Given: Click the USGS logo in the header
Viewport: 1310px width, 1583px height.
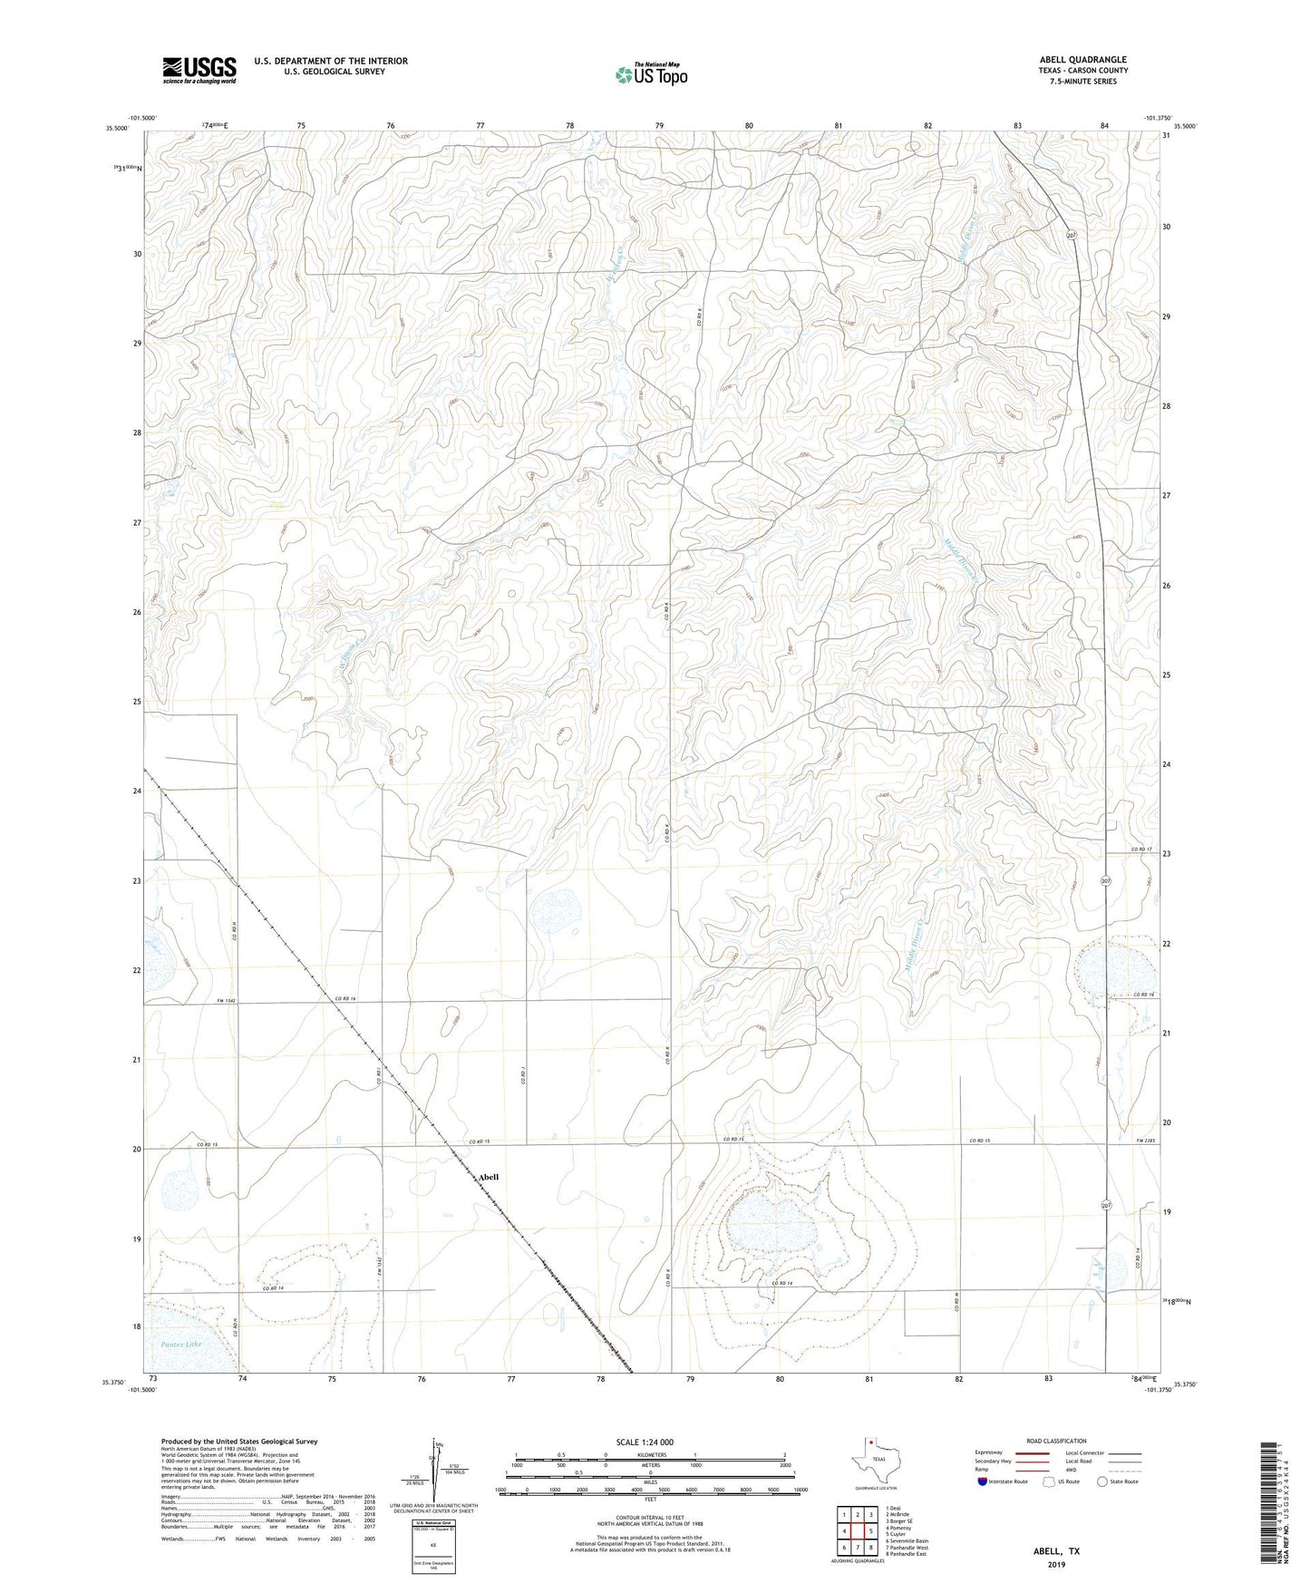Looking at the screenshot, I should [x=199, y=70].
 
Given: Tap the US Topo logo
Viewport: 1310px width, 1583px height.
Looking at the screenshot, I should [x=651, y=75].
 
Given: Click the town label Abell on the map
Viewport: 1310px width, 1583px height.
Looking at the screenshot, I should [x=489, y=1177].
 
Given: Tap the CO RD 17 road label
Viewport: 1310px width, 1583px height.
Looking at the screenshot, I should [x=1141, y=849].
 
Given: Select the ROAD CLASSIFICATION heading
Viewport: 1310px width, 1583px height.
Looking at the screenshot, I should [x=1056, y=1441].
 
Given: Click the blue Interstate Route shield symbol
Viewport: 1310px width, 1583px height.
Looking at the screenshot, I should [x=983, y=1481].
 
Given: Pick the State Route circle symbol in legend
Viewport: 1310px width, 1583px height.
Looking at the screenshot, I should [x=1102, y=1481].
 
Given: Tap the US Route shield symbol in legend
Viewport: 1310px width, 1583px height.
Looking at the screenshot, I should [x=1050, y=1481].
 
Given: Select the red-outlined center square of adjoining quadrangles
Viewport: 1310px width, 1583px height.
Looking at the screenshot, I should [x=857, y=1531].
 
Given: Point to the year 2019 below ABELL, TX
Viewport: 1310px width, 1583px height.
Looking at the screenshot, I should [x=1056, y=1564].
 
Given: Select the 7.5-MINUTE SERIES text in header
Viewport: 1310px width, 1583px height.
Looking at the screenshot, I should [x=1083, y=82].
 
